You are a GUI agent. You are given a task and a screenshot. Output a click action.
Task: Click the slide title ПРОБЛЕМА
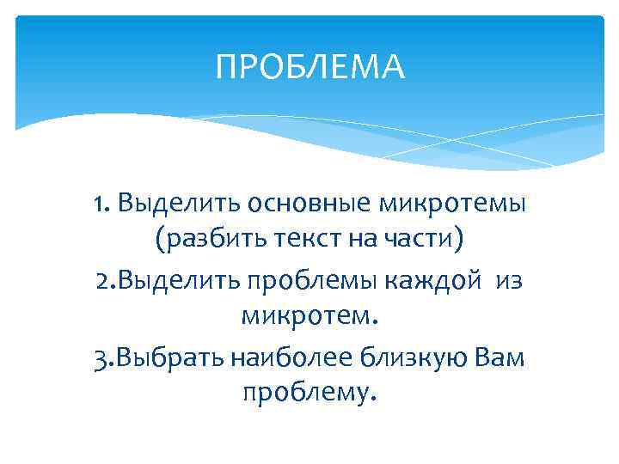[x=309, y=66]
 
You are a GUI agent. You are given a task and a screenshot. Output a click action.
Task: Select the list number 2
[x=102, y=281]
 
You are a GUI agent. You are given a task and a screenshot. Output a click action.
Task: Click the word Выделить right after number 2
[x=171, y=281]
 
